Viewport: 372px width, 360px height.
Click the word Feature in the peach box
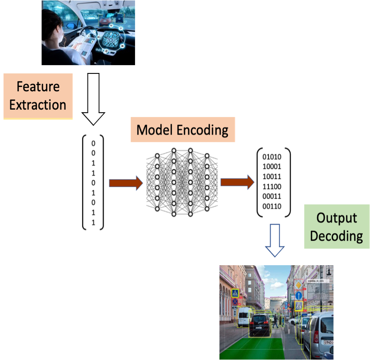point(38,86)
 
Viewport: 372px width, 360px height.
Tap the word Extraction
point(38,105)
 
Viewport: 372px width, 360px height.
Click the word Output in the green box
point(337,218)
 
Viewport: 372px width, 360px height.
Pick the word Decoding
point(337,236)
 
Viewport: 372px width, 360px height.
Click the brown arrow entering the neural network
point(126,183)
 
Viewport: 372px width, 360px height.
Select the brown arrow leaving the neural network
point(237,182)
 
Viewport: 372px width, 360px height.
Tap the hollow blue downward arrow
point(275,240)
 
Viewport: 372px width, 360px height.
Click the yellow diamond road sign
point(299,285)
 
